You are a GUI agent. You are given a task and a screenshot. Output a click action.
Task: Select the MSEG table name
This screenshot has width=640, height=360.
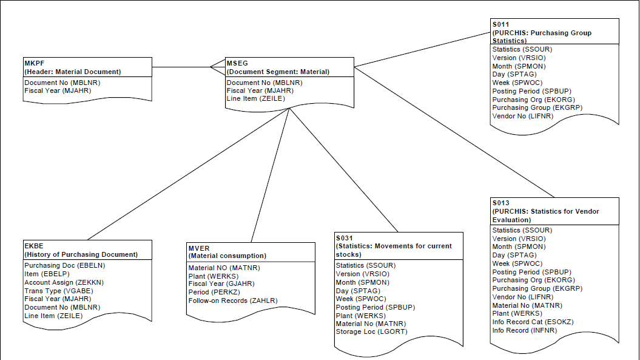pos(237,63)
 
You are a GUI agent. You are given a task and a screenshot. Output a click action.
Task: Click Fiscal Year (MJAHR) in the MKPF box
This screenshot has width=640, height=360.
pos(53,90)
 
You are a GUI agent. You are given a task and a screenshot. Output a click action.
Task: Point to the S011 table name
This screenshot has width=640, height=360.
pos(501,24)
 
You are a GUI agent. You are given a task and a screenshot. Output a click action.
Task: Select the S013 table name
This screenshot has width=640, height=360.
pos(501,203)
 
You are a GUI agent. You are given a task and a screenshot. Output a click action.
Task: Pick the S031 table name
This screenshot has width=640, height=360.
pos(345,238)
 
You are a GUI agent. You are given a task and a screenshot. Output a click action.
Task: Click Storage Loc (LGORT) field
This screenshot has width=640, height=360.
pos(371,331)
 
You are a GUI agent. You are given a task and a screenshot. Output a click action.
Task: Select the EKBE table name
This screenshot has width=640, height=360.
pos(33,246)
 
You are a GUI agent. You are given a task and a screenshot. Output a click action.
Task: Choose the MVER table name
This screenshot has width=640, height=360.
pos(198,248)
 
